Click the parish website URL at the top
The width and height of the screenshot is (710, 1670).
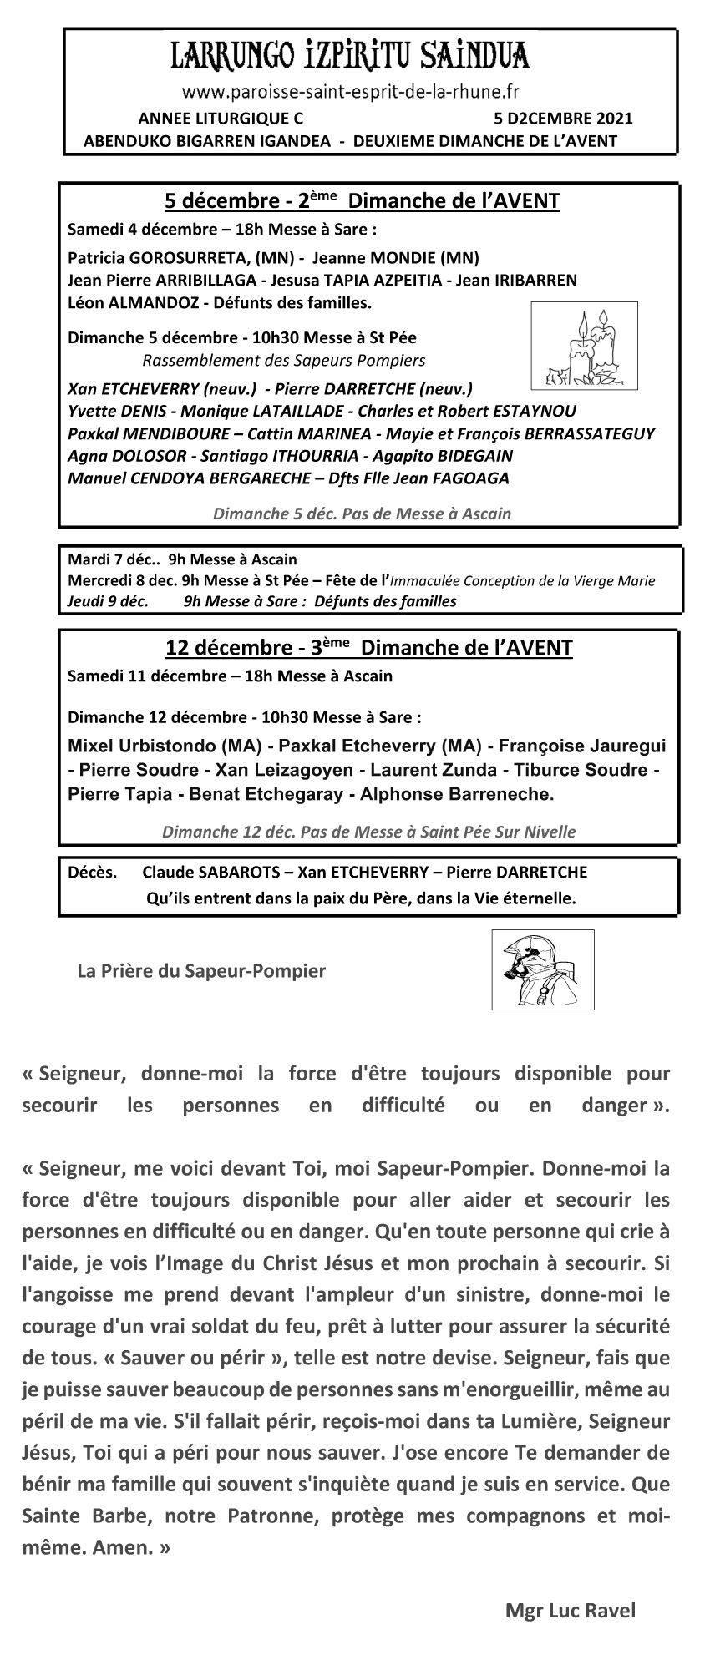tap(351, 90)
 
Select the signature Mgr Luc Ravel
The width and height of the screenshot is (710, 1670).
tap(570, 1611)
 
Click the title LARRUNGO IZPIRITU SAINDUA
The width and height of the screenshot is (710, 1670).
tap(350, 57)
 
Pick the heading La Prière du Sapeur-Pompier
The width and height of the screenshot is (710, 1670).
tap(201, 970)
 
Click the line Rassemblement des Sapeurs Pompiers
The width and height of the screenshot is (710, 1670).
tap(283, 361)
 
